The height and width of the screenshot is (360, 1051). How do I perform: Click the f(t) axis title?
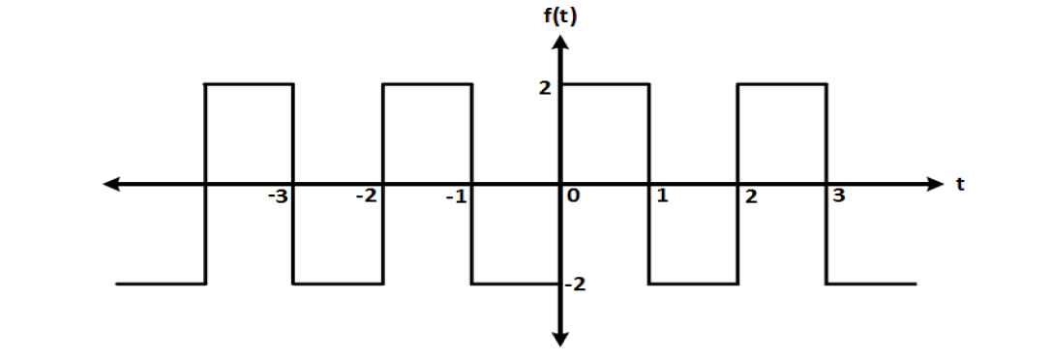pyautogui.click(x=560, y=16)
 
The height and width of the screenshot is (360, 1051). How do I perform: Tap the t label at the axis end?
pyautogui.click(x=961, y=184)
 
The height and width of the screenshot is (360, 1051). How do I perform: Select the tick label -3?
pyautogui.click(x=278, y=197)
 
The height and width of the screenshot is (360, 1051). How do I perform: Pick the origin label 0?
pyautogui.click(x=574, y=197)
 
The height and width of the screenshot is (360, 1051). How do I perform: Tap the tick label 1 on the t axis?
pyautogui.click(x=662, y=197)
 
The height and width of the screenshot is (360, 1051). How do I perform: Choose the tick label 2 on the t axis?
pyautogui.click(x=751, y=198)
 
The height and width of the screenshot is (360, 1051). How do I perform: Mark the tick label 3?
pyautogui.click(x=839, y=197)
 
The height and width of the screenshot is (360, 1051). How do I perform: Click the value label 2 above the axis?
pyautogui.click(x=546, y=87)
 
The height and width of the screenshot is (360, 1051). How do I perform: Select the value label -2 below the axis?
pyautogui.click(x=576, y=285)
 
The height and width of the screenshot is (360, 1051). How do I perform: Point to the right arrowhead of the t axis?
pyautogui.click(x=933, y=183)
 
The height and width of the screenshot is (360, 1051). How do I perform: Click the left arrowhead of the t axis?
pyautogui.click(x=113, y=183)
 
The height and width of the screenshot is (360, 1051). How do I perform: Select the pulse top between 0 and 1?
pyautogui.click(x=605, y=84)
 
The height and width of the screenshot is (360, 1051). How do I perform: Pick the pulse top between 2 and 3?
pyautogui.click(x=782, y=84)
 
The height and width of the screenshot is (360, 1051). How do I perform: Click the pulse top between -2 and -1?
pyautogui.click(x=427, y=84)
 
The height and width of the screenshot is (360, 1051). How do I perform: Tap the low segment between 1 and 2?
pyautogui.click(x=693, y=284)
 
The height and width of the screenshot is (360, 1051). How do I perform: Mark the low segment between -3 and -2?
pyautogui.click(x=338, y=284)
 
